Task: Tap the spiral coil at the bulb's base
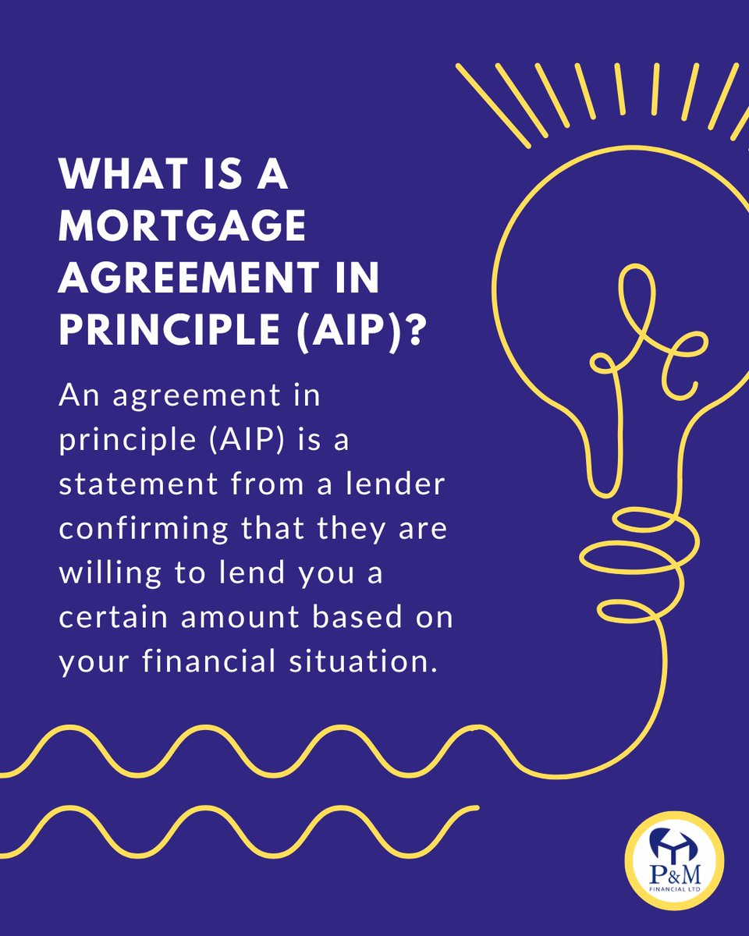coord(624,546)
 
